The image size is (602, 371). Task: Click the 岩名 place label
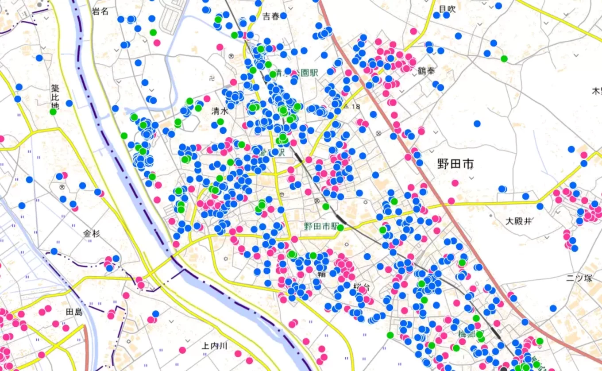click(100, 12)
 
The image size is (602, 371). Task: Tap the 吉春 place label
click(271, 17)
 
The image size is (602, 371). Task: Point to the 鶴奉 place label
click(426, 71)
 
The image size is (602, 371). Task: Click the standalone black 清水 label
click(220, 112)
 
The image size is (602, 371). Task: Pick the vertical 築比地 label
click(55, 97)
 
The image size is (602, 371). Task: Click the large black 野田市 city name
click(455, 164)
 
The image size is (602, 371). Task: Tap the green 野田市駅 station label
click(320, 226)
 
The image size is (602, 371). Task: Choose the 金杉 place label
click(92, 233)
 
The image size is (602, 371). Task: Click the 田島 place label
click(74, 312)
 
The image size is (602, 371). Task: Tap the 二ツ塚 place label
click(579, 278)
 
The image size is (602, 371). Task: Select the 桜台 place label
click(362, 287)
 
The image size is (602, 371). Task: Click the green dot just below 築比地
click(53, 112)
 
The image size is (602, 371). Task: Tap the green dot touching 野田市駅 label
click(340, 228)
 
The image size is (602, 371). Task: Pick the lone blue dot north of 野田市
click(477, 124)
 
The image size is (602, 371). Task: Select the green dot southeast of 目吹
click(504, 58)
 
